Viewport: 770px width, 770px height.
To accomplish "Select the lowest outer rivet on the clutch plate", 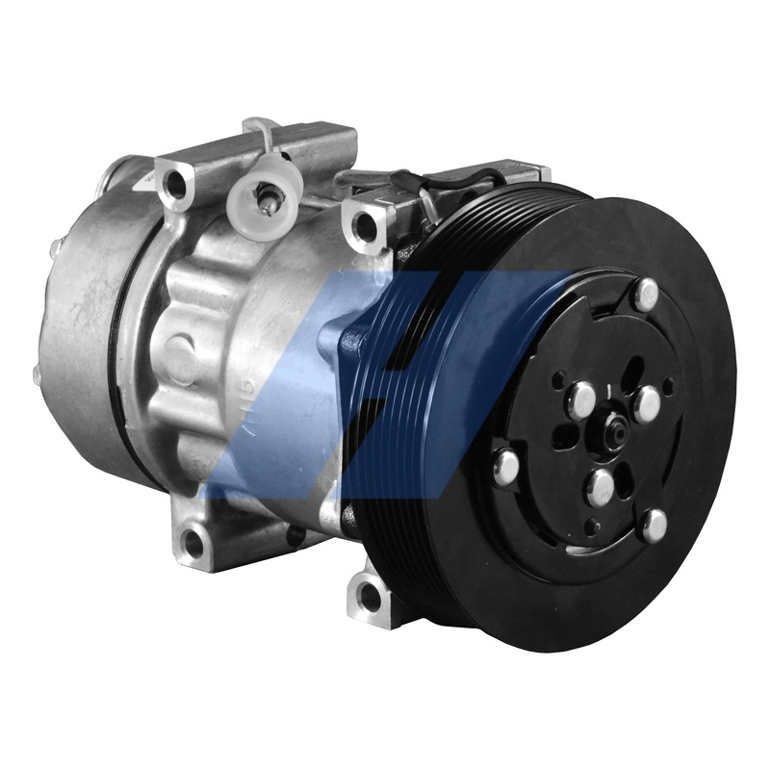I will tap(654, 525).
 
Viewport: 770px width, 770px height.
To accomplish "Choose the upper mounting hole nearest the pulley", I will tap(367, 225).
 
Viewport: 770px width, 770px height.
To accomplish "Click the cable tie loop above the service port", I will tap(258, 135).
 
